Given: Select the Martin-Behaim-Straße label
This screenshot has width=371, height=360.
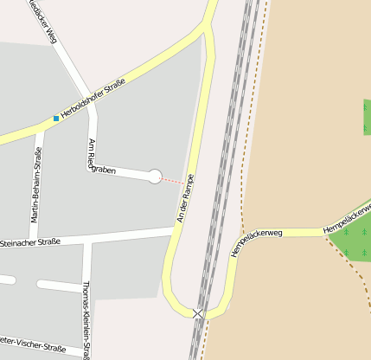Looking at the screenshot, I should click(38, 185).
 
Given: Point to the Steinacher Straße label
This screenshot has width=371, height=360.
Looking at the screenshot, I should click(31, 242).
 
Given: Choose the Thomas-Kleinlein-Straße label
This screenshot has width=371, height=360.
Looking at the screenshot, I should click(86, 320).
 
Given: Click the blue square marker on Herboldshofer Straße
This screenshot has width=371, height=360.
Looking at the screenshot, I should click(56, 118).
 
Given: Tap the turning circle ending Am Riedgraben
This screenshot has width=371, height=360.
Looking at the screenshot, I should click(155, 177).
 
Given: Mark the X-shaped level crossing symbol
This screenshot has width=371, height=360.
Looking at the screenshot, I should click(199, 313).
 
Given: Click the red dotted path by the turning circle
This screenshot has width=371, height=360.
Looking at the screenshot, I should click(172, 181).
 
